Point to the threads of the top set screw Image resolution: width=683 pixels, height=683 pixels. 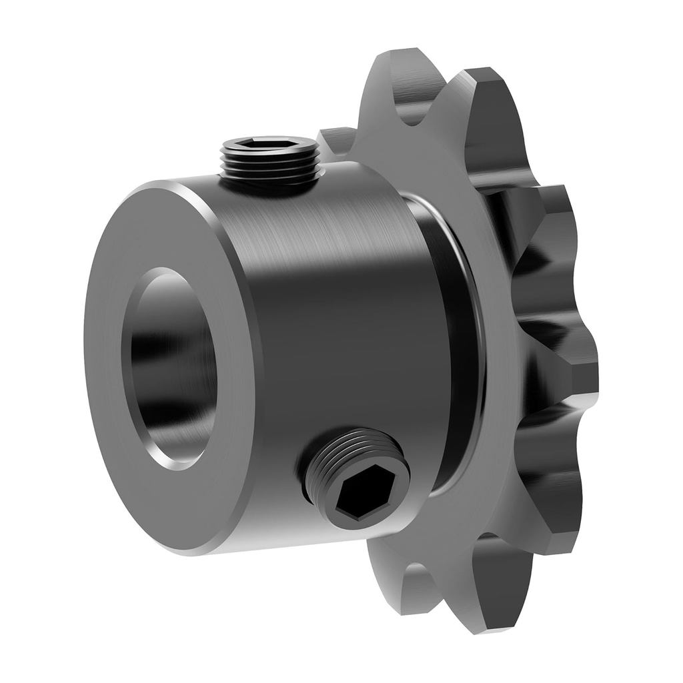[270, 167]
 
